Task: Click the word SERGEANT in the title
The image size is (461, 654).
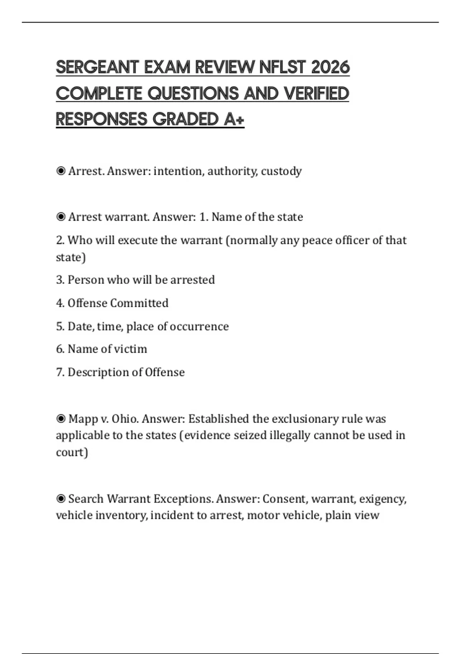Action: [x=97, y=67]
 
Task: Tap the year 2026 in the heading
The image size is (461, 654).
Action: [x=330, y=67]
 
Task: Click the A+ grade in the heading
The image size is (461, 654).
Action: [x=234, y=119]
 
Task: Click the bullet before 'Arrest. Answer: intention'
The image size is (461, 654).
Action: [x=61, y=171]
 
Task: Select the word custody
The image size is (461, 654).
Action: [x=281, y=171]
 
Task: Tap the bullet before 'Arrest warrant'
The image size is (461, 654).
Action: [x=61, y=217]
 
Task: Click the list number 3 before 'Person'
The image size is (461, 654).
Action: [x=60, y=280]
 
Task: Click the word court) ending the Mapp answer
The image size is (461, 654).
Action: [x=72, y=452]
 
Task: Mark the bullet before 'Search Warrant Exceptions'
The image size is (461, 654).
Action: [x=61, y=499]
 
